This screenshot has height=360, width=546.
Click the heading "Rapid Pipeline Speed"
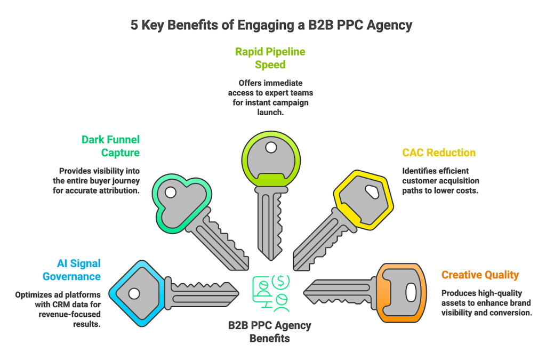(x=271, y=58)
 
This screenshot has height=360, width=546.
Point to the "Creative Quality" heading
(x=480, y=275)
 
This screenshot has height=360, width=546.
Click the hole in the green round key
(x=271, y=147)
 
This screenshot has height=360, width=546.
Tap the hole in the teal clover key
(x=170, y=191)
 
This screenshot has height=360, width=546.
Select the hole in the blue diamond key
(x=134, y=293)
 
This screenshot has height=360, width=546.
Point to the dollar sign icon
(x=280, y=281)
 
